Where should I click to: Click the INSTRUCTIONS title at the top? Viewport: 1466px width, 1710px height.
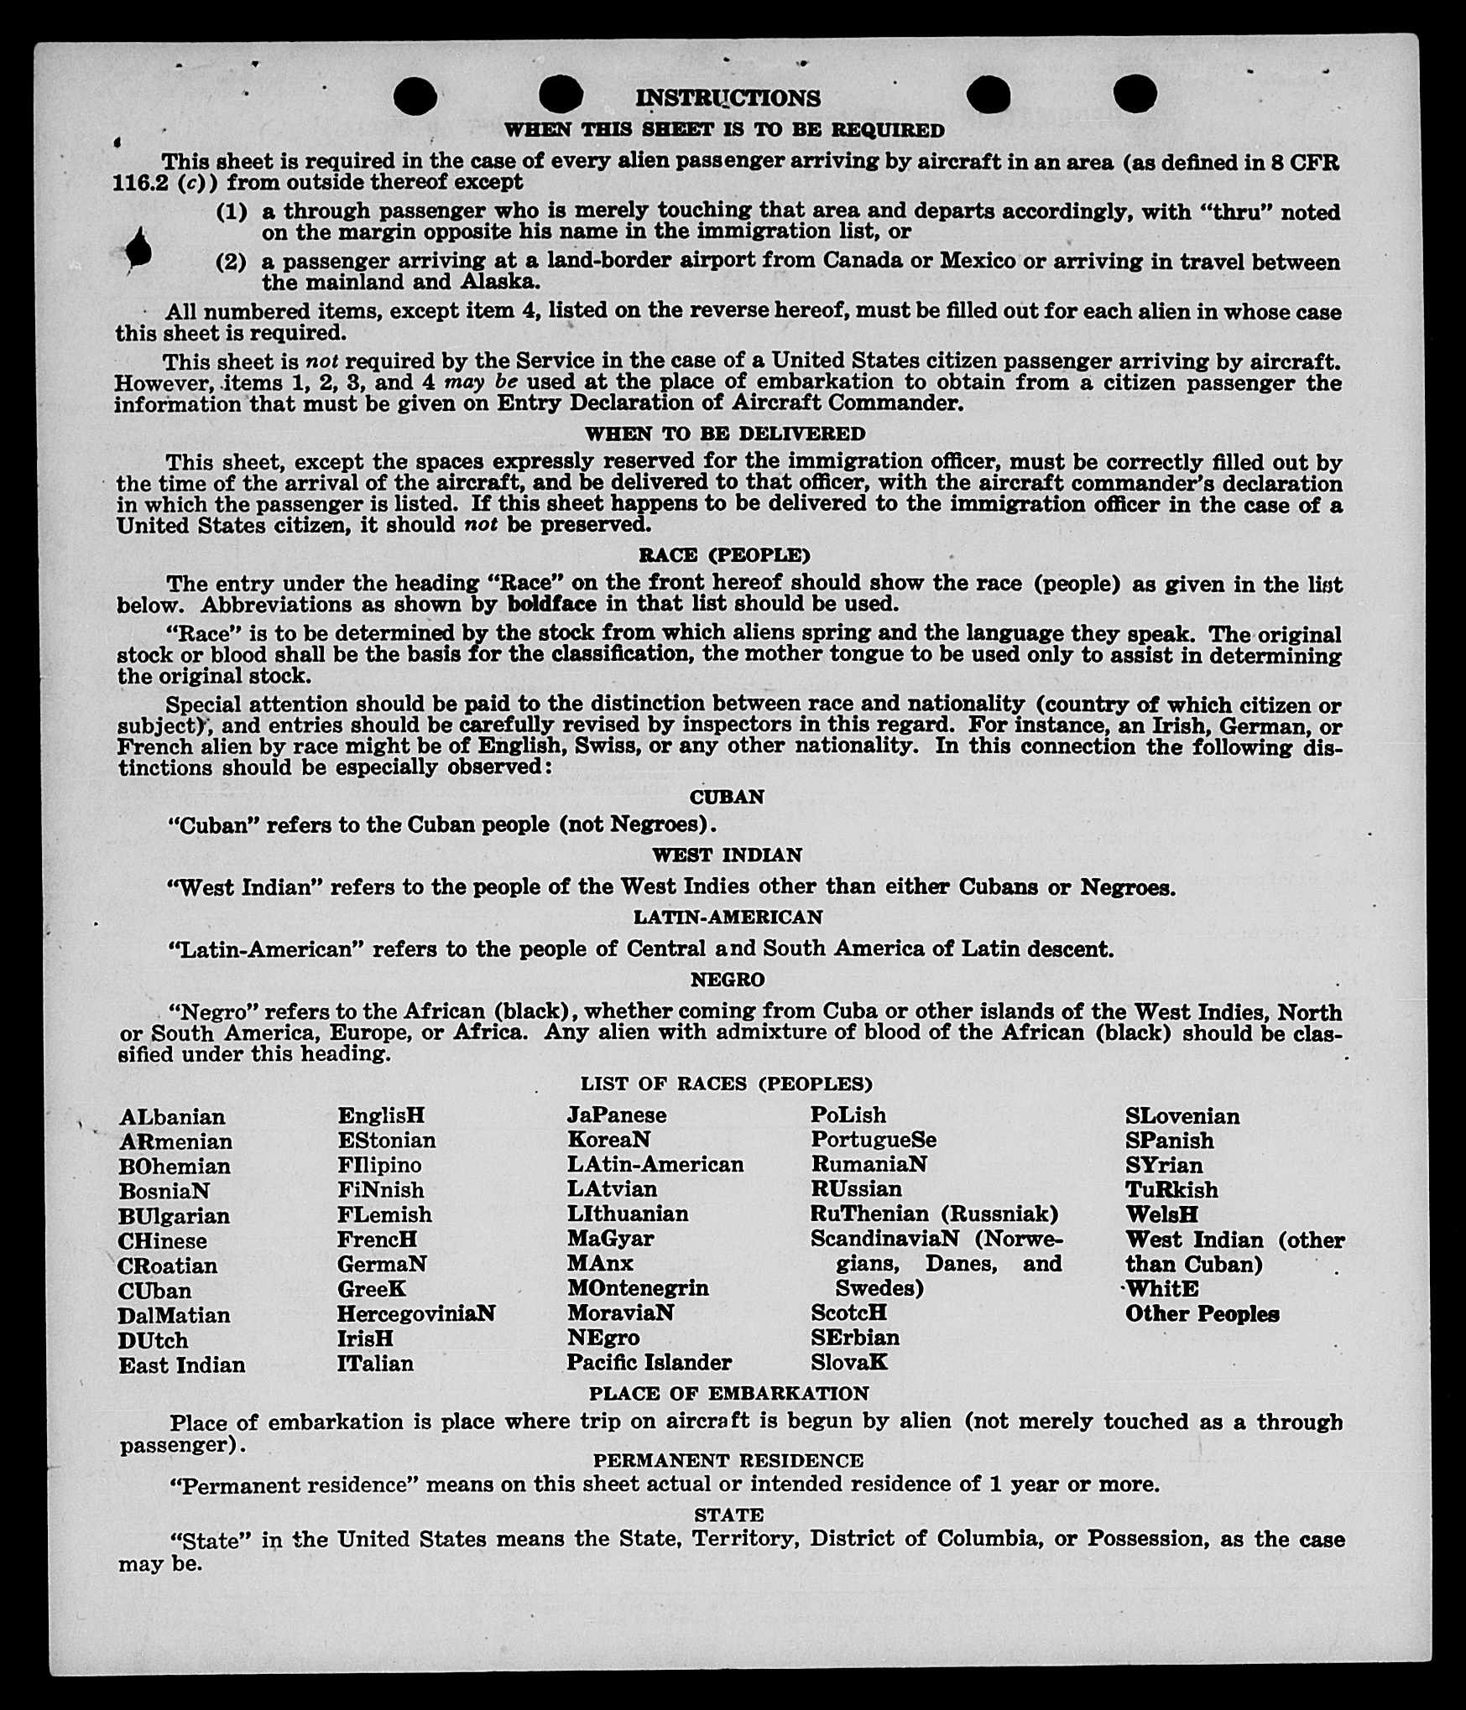(x=727, y=98)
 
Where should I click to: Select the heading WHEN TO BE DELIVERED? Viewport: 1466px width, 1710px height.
(x=724, y=434)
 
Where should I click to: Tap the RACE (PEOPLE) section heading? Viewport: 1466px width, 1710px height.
(x=724, y=554)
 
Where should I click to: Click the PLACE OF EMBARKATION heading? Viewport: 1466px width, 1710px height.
(x=728, y=1393)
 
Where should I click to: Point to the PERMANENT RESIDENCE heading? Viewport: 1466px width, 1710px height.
(x=728, y=1460)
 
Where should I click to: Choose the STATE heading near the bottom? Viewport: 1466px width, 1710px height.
(x=728, y=1515)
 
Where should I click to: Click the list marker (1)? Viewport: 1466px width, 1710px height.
(x=232, y=211)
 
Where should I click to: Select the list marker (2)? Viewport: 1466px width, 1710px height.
(x=232, y=262)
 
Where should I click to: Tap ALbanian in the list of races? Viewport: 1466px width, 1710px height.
(x=172, y=1117)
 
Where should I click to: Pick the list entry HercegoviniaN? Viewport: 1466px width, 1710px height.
(x=416, y=1313)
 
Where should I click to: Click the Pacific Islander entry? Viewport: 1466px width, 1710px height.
(x=649, y=1363)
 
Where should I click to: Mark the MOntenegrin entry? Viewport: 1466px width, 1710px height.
(x=637, y=1288)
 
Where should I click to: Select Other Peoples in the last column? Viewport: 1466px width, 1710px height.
(x=1202, y=1314)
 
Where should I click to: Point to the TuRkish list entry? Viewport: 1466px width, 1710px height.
(x=1171, y=1189)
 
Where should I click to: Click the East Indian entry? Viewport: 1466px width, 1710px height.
(x=181, y=1364)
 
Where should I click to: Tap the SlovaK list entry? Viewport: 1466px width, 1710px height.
(x=848, y=1363)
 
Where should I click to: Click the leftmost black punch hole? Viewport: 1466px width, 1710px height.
(x=415, y=95)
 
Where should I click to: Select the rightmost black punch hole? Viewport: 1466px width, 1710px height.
(x=1136, y=93)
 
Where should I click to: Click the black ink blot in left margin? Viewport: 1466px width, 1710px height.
(x=138, y=249)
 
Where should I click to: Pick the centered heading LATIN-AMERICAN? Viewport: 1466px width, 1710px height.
(x=727, y=917)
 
